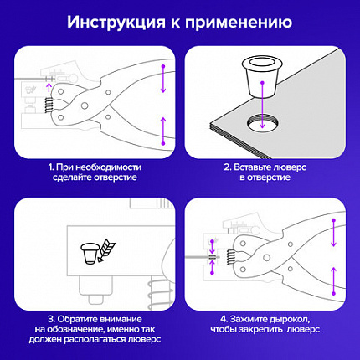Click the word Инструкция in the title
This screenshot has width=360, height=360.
pos(119,21)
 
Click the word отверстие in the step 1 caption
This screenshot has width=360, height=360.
pos(122,178)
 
